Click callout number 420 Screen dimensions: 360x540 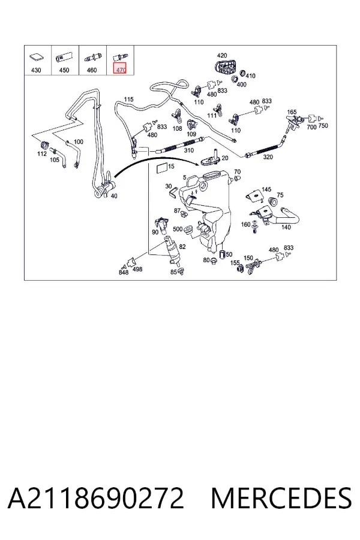[x=222, y=55]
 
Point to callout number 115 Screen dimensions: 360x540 [x=128, y=99]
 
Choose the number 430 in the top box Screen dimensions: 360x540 [x=36, y=70]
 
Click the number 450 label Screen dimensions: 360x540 [x=64, y=70]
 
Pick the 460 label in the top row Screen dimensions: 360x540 [x=92, y=70]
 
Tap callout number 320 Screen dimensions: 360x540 [x=268, y=157]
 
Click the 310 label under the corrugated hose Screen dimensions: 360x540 [x=189, y=150]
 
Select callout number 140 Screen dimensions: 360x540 [x=286, y=227]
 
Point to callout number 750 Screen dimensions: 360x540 [x=323, y=126]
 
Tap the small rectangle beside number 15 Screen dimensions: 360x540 [x=162, y=168]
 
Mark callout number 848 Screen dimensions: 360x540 [x=124, y=272]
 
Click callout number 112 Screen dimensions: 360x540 [x=41, y=154]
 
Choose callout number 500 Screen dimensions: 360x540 [x=178, y=229]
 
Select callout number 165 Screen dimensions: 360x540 [x=292, y=112]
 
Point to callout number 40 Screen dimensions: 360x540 [x=113, y=196]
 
